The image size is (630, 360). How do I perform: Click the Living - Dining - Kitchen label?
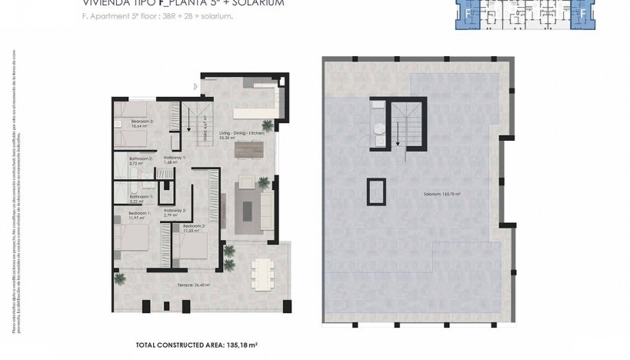pyautogui.click(x=242, y=134)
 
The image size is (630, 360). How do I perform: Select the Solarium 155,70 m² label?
pyautogui.click(x=441, y=194)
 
